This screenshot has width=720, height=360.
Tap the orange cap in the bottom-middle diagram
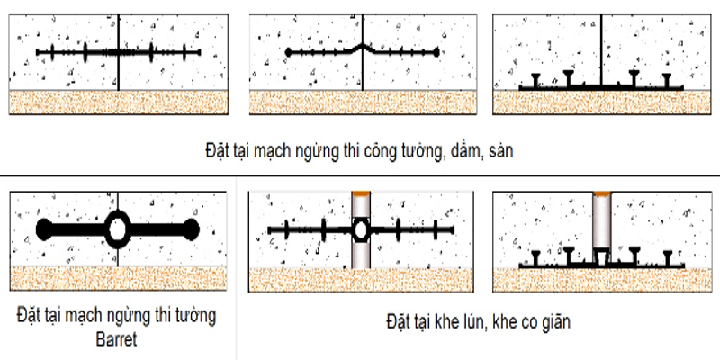point(360,194)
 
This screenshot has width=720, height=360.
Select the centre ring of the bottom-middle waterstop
point(360,231)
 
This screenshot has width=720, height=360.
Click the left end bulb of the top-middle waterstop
point(288,52)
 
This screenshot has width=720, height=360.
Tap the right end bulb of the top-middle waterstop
point(438,52)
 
